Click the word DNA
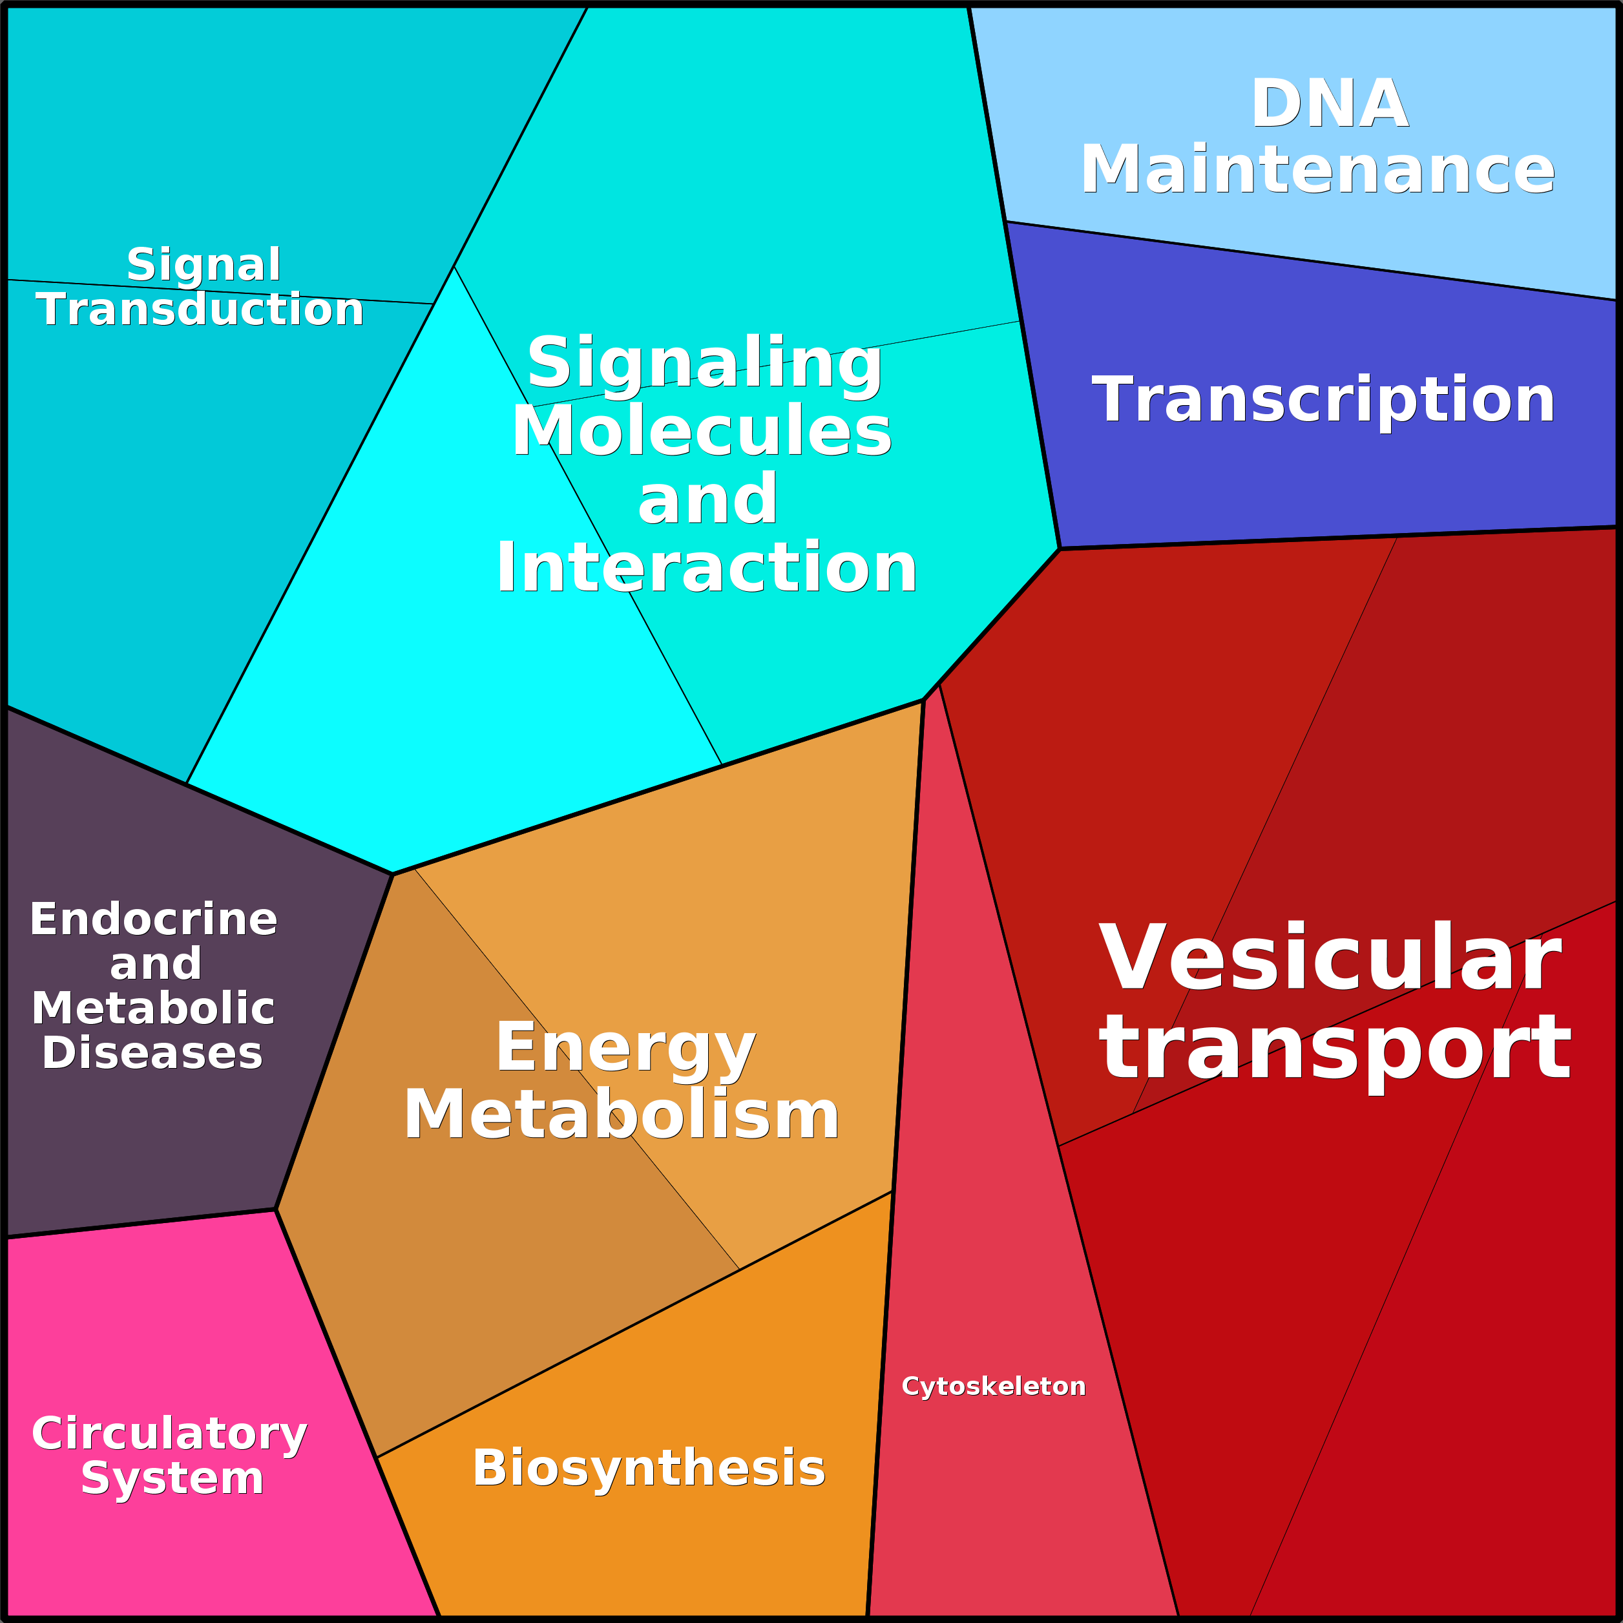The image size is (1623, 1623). (1329, 104)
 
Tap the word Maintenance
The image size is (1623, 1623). (1317, 170)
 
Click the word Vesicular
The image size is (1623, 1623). (1330, 959)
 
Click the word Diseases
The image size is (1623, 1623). (152, 1052)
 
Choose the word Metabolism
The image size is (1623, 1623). (622, 1115)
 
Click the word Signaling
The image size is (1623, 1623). (704, 363)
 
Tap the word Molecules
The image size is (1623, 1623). (702, 431)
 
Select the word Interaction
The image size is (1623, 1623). (706, 569)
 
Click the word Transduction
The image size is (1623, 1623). (200, 310)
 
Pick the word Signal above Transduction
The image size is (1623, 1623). (204, 266)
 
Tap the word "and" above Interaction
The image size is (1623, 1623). (707, 500)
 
